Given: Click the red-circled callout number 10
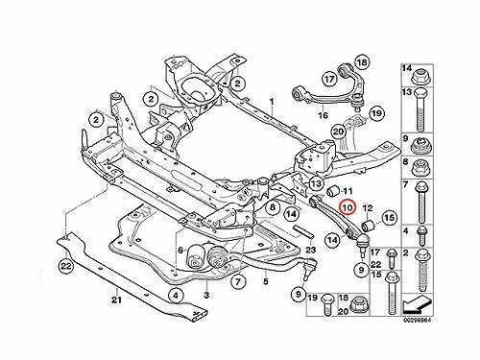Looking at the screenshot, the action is point(348,207).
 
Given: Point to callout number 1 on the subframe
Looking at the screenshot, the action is point(272,102).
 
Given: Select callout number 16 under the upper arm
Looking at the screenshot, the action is point(323,115).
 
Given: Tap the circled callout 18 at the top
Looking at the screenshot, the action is point(362,62).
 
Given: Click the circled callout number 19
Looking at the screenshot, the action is point(376,113).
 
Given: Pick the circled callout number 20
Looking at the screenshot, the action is point(338,132).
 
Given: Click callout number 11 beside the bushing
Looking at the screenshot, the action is point(348,191).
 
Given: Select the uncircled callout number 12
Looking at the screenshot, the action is point(368,208).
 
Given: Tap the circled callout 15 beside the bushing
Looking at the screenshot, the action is point(388,218).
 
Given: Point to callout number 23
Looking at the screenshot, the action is point(310,250).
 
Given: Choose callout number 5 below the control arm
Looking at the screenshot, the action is point(265,282).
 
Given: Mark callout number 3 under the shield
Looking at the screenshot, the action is point(206,295).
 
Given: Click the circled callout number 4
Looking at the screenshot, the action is point(177,296).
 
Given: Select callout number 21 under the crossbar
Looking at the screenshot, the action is point(116,300).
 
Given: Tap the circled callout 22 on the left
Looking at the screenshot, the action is point(65,266).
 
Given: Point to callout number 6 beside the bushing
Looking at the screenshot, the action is point(180,251).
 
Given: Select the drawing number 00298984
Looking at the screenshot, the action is point(419,320).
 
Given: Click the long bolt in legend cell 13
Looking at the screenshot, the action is point(420,109).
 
